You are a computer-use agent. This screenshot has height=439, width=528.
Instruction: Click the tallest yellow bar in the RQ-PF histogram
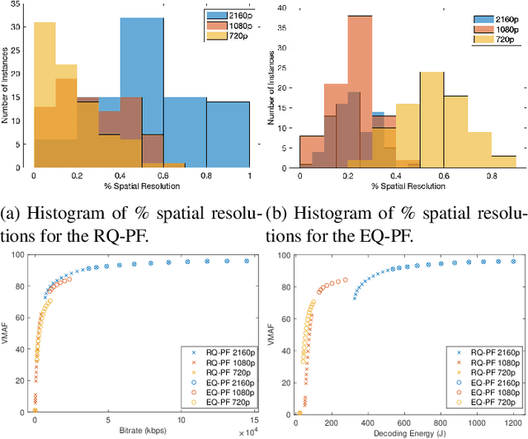(x=45, y=92)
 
